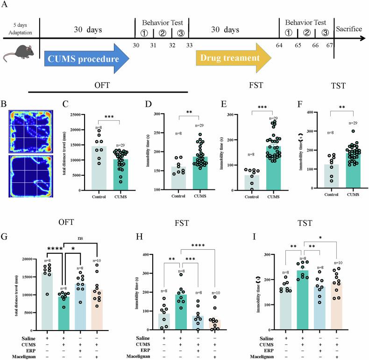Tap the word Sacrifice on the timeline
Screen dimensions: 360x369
tap(349, 29)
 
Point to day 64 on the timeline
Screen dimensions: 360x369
tap(279, 45)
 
